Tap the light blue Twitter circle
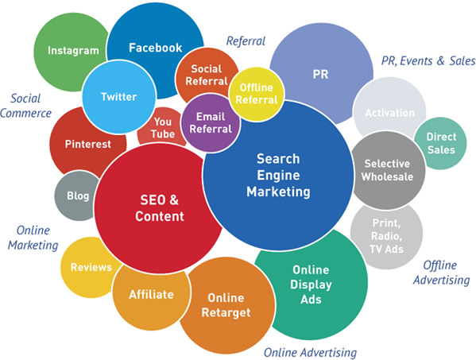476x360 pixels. click(119, 97)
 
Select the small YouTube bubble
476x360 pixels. click(162, 127)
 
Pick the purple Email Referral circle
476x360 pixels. click(211, 123)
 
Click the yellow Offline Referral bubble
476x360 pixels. click(257, 94)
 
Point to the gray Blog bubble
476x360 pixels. click(76, 195)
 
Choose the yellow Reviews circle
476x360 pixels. click(88, 267)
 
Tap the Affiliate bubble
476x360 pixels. click(151, 295)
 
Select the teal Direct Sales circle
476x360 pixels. click(440, 143)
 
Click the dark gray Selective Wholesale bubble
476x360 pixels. click(388, 170)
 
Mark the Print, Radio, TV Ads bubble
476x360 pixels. click(386, 236)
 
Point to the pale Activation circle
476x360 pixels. click(389, 110)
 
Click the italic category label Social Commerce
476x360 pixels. click(26, 106)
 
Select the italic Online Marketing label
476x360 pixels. click(33, 238)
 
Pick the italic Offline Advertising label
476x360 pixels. click(441, 273)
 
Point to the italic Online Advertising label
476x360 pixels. click(310, 353)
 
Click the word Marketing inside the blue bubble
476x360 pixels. click(278, 192)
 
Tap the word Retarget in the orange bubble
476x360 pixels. click(226, 312)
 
